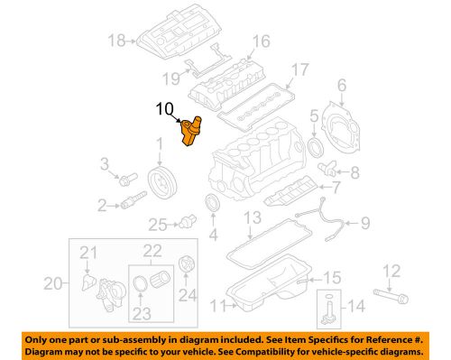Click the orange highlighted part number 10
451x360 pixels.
click(190, 134)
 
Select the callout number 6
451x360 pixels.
click(343, 86)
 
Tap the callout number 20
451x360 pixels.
click(53, 283)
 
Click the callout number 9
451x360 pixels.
click(364, 222)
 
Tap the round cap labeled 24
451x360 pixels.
click(187, 266)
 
